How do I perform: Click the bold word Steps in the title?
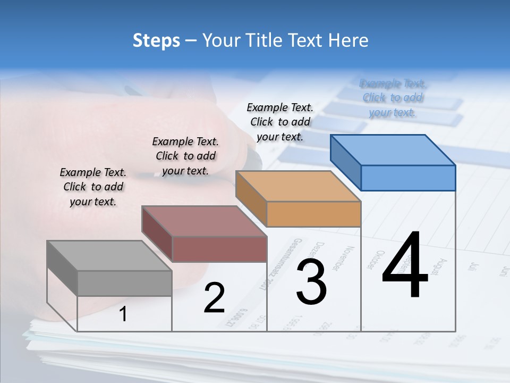point(156,40)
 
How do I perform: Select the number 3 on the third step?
point(311,282)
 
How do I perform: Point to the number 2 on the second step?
point(214,298)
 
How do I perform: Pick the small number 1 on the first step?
point(123,314)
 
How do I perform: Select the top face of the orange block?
point(298,186)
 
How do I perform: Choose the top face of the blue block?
point(393,149)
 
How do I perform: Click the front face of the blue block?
point(408,178)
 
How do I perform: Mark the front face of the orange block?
point(313,214)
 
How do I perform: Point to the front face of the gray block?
point(124,283)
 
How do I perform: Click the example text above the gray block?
point(93,187)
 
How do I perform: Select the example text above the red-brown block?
point(185,156)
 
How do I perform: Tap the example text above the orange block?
point(280,122)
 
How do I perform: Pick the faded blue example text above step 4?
point(393,98)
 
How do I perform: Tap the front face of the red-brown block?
point(219,249)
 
